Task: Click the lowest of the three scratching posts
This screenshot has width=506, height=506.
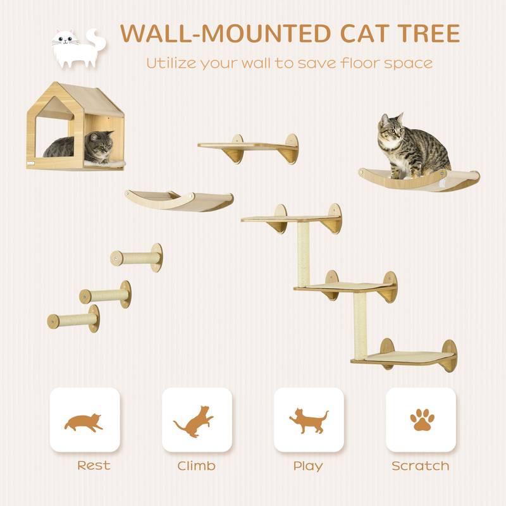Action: click(x=73, y=319)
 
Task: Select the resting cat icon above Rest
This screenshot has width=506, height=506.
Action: click(x=84, y=422)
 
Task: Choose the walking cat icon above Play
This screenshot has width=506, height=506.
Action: click(x=309, y=421)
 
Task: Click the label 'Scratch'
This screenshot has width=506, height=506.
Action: click(x=421, y=466)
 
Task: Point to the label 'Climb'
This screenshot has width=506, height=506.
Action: click(x=196, y=466)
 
